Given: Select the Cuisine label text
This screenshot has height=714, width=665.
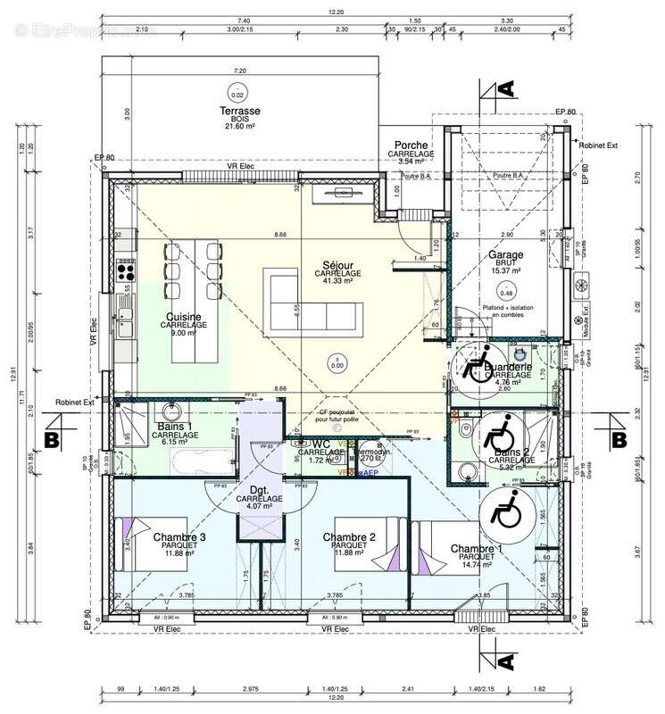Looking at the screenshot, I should pos(183,317).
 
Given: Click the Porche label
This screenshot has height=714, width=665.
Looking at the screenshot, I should pos(411,145).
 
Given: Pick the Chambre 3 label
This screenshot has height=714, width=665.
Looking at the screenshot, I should pos(179,537).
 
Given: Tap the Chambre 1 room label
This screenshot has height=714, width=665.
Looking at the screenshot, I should pos(476,548).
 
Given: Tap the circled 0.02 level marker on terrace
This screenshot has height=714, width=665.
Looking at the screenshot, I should pos(237,95).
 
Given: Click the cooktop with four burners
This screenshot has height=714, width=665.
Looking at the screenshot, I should pos(124,268).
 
